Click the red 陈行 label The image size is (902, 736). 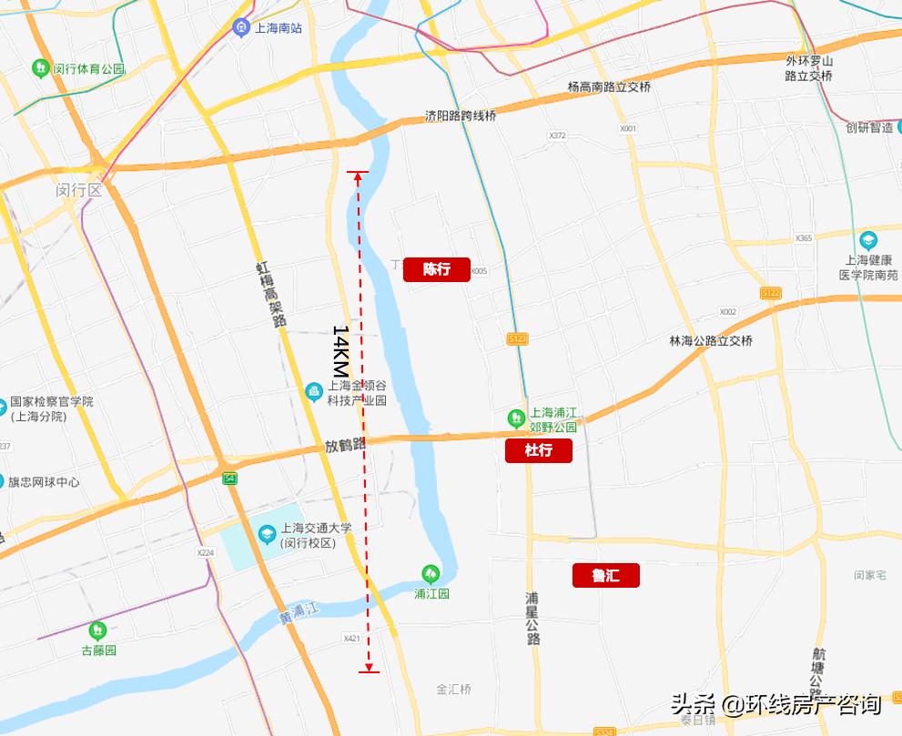[437, 269]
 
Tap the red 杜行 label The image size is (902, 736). [539, 450]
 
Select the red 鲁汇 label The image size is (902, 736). [606, 575]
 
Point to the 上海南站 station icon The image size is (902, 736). [241, 26]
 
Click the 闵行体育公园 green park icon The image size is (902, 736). [40, 68]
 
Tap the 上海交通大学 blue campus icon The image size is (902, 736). [268, 533]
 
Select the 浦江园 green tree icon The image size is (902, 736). [431, 573]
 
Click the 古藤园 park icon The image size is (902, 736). [96, 630]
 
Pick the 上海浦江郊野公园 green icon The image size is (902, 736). [516, 418]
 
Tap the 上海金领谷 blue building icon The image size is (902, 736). [313, 391]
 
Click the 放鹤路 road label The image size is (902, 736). [345, 446]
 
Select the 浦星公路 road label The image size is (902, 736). [533, 619]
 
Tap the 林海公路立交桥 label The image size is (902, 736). [711, 340]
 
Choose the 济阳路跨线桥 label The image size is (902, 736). [461, 116]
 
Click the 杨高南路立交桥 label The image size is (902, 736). [609, 87]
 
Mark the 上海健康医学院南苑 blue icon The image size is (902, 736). [867, 241]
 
